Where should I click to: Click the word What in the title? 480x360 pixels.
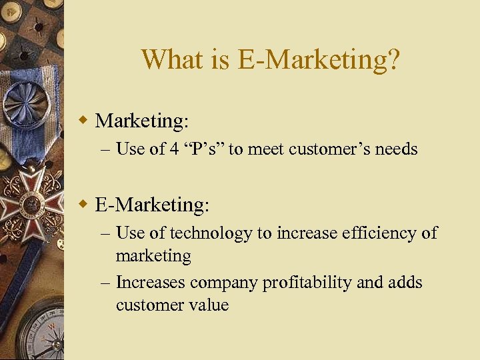tap(165, 60)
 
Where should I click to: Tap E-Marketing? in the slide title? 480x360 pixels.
tap(319, 60)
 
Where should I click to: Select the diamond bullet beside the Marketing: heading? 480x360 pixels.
tap(83, 120)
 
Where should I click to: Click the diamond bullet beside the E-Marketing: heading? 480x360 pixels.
tap(83, 204)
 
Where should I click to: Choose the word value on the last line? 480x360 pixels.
tap(209, 305)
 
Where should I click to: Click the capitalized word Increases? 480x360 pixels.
tap(151, 283)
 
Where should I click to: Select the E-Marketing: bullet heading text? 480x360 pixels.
tap(152, 204)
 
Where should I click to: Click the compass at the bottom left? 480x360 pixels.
tap(40, 333)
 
